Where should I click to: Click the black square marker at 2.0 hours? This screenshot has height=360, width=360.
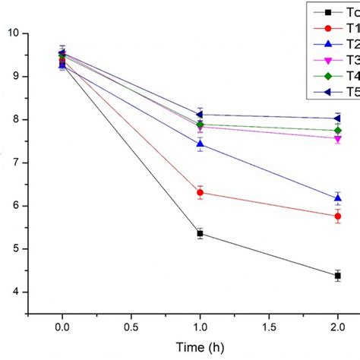coord(337,276)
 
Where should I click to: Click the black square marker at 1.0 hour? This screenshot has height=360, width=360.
coord(200,233)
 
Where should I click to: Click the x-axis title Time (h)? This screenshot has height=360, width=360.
coord(200,346)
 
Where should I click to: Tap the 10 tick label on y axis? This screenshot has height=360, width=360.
coord(14,33)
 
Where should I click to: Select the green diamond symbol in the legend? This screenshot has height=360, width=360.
coord(328,76)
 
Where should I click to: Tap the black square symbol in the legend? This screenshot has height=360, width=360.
coord(328,12)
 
